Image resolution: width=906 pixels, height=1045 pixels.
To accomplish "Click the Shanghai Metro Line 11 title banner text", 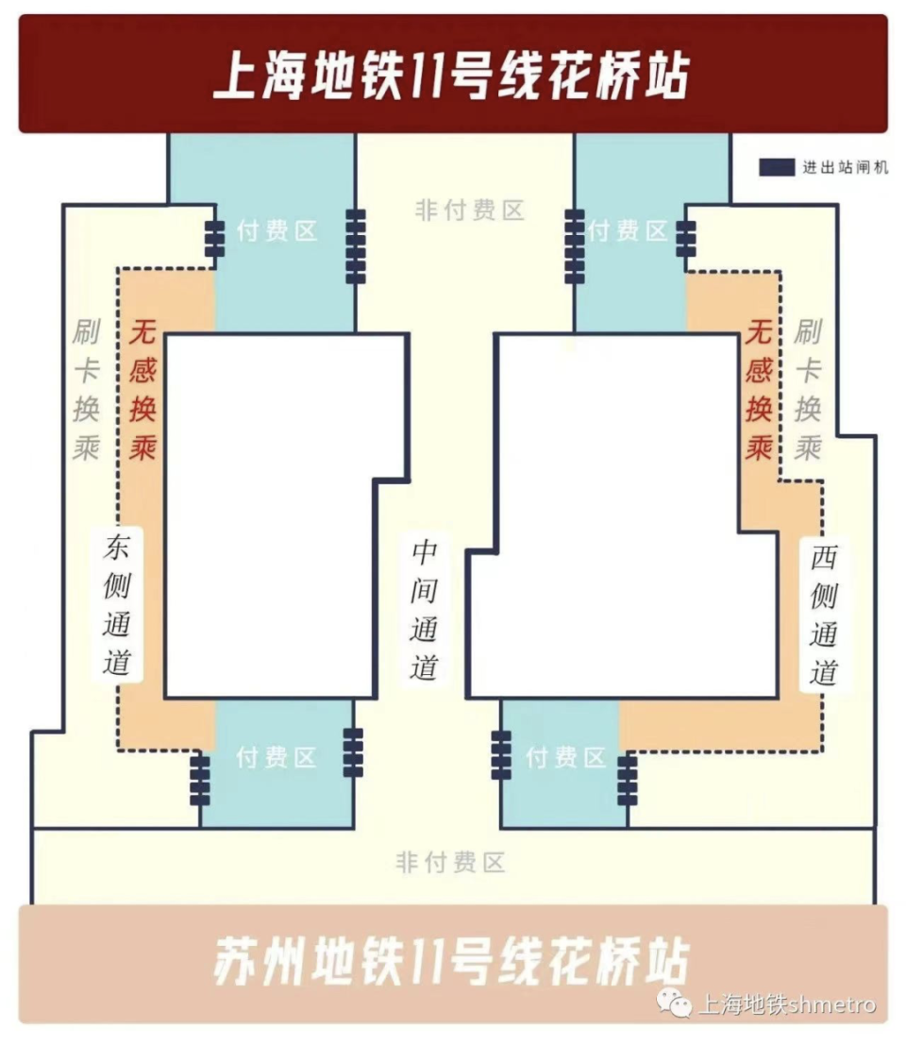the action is (x=451, y=76).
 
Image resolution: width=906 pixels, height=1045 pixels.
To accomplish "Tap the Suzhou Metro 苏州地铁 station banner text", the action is (x=451, y=962).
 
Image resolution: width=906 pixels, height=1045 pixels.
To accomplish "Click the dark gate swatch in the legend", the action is (x=776, y=167).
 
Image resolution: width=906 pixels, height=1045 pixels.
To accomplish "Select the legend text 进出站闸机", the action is (x=845, y=168).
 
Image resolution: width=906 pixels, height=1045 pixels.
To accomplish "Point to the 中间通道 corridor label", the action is (x=424, y=609).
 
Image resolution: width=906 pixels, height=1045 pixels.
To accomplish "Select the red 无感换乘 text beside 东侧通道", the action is (x=143, y=391).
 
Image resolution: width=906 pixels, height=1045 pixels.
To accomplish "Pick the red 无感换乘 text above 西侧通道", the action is (x=759, y=390).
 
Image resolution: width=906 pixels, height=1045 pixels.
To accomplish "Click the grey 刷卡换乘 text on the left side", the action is (x=86, y=390).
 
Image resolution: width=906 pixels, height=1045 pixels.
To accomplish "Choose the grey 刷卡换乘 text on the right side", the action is (x=807, y=390).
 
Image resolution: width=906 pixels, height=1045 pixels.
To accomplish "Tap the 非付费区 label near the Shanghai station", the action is (x=469, y=211).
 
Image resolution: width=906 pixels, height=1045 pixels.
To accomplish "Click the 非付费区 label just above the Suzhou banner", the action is (x=451, y=862).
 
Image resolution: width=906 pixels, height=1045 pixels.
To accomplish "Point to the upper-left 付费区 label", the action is (x=277, y=231).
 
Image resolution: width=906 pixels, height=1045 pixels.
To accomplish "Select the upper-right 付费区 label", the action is (x=628, y=230).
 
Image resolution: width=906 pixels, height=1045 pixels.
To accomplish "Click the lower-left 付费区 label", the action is (x=277, y=758).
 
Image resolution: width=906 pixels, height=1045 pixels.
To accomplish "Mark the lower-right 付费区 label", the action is (x=565, y=757).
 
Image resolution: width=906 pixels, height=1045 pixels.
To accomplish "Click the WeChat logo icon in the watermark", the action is (x=674, y=1003).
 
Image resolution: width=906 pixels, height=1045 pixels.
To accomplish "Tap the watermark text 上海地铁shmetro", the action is (x=786, y=1004).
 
